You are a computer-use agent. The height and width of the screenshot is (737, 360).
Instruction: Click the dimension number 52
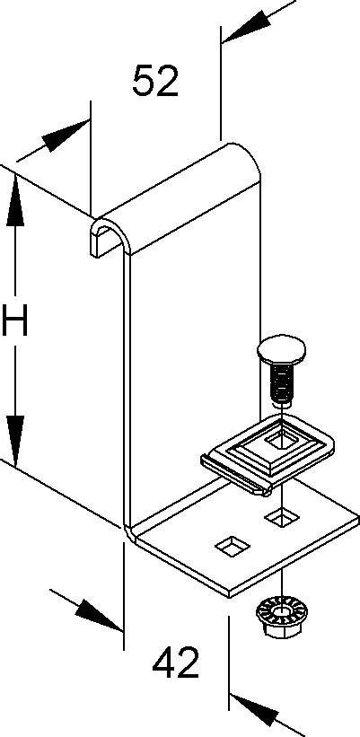tap(155, 81)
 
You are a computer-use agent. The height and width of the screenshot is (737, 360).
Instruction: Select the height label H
tap(14, 320)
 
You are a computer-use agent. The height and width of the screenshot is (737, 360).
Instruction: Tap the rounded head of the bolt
tap(281, 349)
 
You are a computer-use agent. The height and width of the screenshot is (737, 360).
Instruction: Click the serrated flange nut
tap(280, 616)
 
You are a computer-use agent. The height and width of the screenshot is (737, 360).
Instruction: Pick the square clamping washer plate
tap(268, 453)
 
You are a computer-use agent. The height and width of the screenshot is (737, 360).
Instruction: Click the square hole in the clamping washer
tap(277, 443)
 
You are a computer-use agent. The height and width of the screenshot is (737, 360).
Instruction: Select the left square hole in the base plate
tap(233, 546)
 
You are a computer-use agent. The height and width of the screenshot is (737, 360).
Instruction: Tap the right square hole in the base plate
tap(282, 517)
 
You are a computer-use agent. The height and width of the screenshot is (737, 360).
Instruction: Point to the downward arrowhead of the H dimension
tap(15, 440)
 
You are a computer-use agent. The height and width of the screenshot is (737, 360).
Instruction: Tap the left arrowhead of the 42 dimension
tap(98, 615)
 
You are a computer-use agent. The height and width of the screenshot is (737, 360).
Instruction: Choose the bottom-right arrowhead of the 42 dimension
tap(254, 707)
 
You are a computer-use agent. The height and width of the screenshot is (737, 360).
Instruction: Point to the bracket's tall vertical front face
tap(193, 376)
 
